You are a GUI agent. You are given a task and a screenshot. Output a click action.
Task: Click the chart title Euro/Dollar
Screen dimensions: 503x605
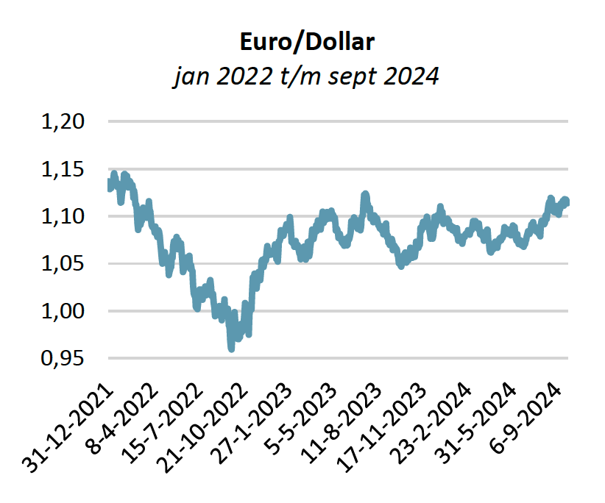[307, 41]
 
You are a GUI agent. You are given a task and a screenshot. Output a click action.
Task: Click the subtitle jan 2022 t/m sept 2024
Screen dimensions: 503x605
[306, 76]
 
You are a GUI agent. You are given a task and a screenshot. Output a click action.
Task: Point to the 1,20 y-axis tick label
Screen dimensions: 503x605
[63, 121]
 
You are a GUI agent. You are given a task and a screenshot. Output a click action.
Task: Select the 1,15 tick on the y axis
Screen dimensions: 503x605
[63, 169]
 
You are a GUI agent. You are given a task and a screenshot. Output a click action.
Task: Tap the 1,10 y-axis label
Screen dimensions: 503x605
[63, 216]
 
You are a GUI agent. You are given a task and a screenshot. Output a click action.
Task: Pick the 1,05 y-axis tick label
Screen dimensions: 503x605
[63, 264]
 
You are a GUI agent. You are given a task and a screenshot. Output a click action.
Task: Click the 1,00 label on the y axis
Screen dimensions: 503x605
[63, 311]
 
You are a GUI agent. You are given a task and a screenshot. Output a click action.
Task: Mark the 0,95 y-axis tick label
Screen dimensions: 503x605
[63, 359]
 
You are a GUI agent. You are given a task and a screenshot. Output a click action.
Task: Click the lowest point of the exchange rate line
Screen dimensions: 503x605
[231, 349]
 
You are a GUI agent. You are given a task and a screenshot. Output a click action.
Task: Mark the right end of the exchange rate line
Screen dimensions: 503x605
[567, 202]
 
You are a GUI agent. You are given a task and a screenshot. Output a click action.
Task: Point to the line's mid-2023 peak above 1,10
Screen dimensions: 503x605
[365, 195]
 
